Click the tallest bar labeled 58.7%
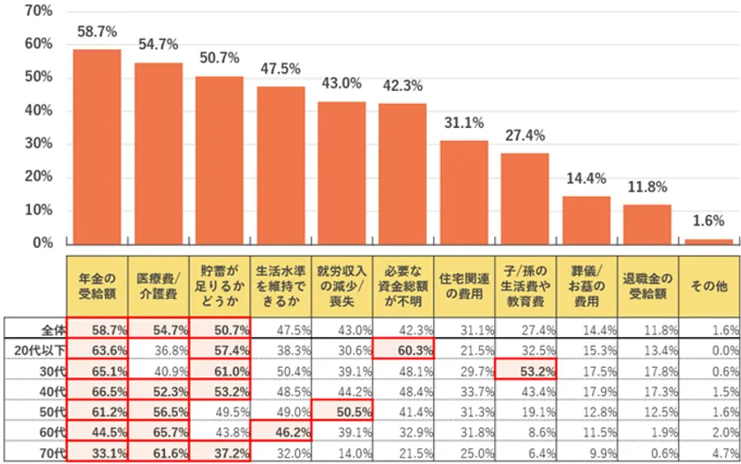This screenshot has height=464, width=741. coord(97,146)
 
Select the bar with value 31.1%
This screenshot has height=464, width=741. coord(464,191)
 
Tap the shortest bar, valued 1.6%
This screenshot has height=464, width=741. coord(709,241)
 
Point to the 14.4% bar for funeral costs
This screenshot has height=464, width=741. coord(587,220)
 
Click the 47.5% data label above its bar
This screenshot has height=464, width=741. coord(281,69)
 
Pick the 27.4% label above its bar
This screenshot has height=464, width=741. coord(525,136)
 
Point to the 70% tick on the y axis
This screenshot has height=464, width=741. coord(38,11)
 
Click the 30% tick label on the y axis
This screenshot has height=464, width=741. coord(38,144)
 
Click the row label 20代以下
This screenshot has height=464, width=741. coord(41,350)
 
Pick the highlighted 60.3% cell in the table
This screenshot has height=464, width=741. coord(403,350)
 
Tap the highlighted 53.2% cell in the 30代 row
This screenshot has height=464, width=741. coord(526,371)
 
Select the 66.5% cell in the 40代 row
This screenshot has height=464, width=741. coord(97,392)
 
